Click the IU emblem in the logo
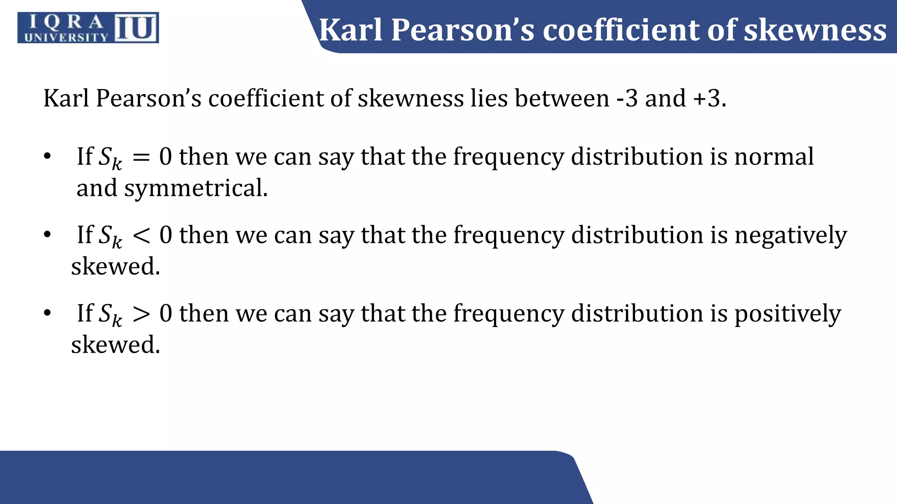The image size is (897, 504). pos(136,28)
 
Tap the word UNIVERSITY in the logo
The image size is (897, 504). pos(66,37)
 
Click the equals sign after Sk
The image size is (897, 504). pos(141,157)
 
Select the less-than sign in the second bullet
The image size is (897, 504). pos(141,236)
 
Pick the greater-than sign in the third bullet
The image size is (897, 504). pos(141,314)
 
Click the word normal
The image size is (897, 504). pos(774,157)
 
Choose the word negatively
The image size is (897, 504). pos(791,235)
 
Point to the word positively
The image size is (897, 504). pos(788,314)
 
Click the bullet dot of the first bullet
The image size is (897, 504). pos(47,156)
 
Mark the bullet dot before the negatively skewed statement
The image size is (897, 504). pos(47,235)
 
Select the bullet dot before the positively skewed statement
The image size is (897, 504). pos(47,313)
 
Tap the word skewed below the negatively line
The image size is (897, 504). pos(116,266)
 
